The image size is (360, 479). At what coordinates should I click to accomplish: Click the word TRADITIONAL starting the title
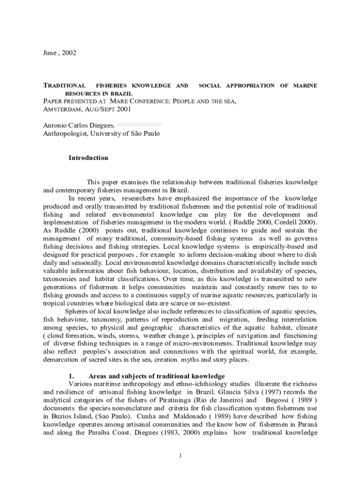click(64, 86)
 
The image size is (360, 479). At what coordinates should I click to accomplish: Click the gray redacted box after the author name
click(139, 125)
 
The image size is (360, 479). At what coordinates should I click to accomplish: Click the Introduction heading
click(88, 158)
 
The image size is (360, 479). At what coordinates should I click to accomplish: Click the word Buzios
click(61, 416)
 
